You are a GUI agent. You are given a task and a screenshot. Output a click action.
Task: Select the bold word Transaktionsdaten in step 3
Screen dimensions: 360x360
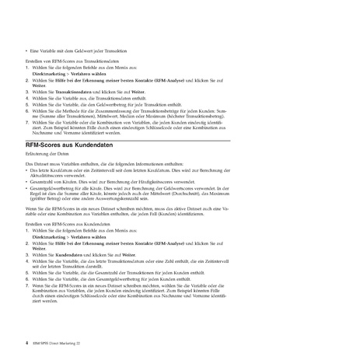tap(78, 91)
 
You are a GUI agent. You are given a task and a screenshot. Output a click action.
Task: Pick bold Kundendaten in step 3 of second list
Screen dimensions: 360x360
tap(72, 254)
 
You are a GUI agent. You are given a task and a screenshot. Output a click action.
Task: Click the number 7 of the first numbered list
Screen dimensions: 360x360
tap(28, 122)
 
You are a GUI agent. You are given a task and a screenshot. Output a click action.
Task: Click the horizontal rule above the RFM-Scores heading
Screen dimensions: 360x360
tap(180, 138)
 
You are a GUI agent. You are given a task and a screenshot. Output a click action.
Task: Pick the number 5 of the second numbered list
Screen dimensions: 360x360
tap(28, 274)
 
